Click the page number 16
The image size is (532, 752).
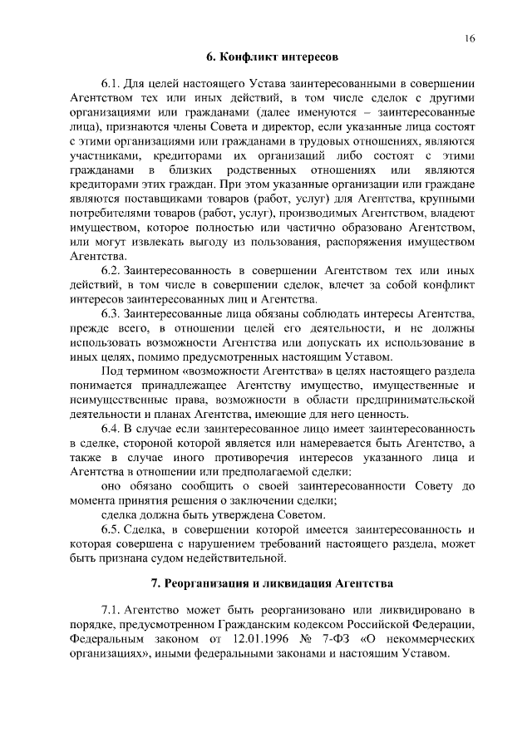click(x=470, y=39)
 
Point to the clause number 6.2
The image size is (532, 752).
click(x=111, y=270)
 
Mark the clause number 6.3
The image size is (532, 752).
click(x=111, y=312)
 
